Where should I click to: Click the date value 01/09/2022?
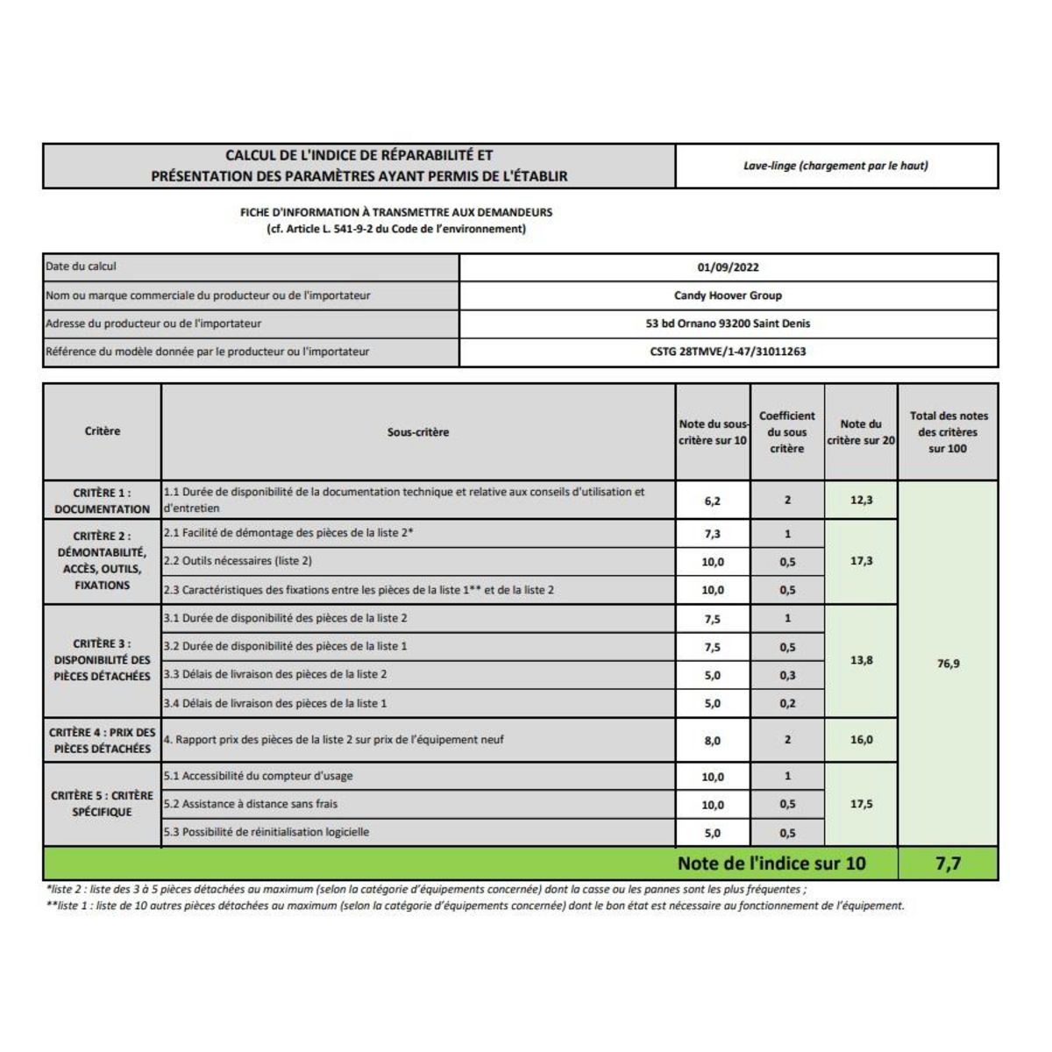pyautogui.click(x=728, y=267)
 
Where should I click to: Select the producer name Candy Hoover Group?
pyautogui.click(x=728, y=295)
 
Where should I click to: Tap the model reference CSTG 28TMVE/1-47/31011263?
pyautogui.click(x=728, y=352)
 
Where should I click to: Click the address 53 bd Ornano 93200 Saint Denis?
pyautogui.click(x=728, y=323)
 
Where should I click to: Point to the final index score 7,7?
pyautogui.click(x=948, y=864)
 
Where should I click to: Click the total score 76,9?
pyautogui.click(x=948, y=664)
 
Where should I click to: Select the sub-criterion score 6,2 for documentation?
pyautogui.click(x=712, y=501)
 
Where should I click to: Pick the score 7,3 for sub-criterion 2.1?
pyautogui.click(x=712, y=534)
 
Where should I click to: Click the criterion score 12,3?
pyautogui.click(x=861, y=500)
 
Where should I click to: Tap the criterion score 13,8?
pyautogui.click(x=861, y=660)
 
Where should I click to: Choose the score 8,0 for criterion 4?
pyautogui.click(x=712, y=741)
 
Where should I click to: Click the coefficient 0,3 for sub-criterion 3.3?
pyautogui.click(x=787, y=675)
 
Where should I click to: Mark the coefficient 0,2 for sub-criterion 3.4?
pyautogui.click(x=787, y=703)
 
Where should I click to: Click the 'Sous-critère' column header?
pyautogui.click(x=418, y=432)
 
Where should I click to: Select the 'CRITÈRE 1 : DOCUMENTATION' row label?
pyautogui.click(x=102, y=501)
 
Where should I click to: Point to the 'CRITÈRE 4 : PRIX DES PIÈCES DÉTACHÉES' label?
pyautogui.click(x=102, y=740)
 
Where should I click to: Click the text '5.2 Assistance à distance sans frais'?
pyautogui.click(x=251, y=804)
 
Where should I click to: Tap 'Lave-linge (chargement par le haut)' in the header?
pyautogui.click(x=835, y=166)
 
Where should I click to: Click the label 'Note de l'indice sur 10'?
pyautogui.click(x=771, y=864)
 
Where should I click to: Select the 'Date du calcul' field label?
pyautogui.click(x=81, y=267)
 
